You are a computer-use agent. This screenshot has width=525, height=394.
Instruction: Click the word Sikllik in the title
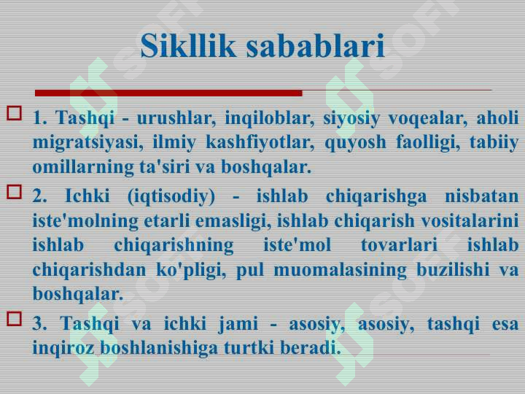[x=188, y=45]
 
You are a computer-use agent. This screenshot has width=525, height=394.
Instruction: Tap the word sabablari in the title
[x=316, y=45]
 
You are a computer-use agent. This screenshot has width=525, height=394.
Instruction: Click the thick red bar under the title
[x=168, y=93]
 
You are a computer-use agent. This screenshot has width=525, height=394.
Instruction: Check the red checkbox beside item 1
[x=14, y=113]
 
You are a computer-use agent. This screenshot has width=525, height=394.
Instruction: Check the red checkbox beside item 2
[x=14, y=192]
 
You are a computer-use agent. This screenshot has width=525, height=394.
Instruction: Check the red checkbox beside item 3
[x=14, y=319]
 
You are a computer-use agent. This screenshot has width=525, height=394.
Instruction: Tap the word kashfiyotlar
[x=260, y=143]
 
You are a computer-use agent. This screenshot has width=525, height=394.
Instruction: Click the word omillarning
[x=83, y=167]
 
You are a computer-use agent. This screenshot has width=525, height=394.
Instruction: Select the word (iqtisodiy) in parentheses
[x=171, y=196]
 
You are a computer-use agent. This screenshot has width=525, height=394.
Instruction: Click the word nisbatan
[x=482, y=196]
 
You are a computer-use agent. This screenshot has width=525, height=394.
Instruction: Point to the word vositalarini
[x=470, y=221]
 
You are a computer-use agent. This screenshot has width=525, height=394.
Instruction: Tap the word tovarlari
[x=399, y=245]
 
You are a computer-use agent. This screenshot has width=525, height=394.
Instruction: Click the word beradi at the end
[x=311, y=348]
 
